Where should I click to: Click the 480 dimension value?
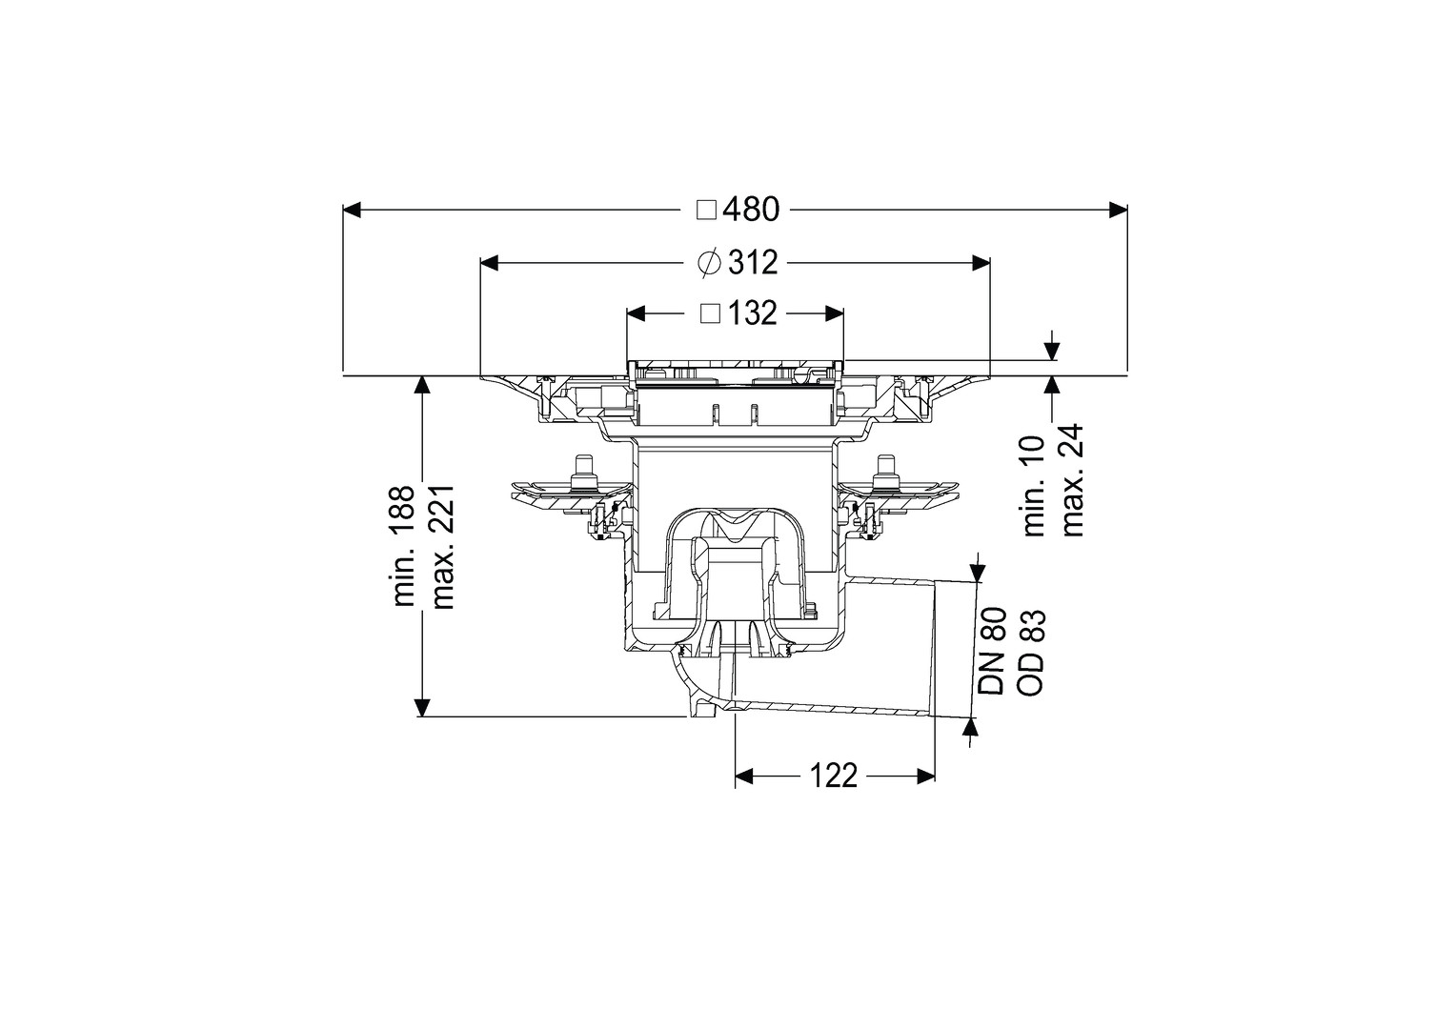pos(751,210)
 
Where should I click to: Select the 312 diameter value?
pos(753,262)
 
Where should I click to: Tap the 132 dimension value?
pos(753,313)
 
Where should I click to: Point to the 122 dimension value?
pos(834,777)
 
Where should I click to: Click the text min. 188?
pos(403,546)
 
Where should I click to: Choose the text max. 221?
pos(441,546)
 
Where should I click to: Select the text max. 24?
pos(1073,479)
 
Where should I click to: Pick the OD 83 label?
pos(1032,653)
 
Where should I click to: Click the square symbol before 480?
pos(706,210)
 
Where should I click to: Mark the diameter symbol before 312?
pos(708,262)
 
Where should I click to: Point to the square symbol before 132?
pos(709,313)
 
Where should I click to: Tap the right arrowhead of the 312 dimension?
pos(981,262)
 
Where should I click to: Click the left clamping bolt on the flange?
pos(582,473)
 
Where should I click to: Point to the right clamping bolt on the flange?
pos(883,473)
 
